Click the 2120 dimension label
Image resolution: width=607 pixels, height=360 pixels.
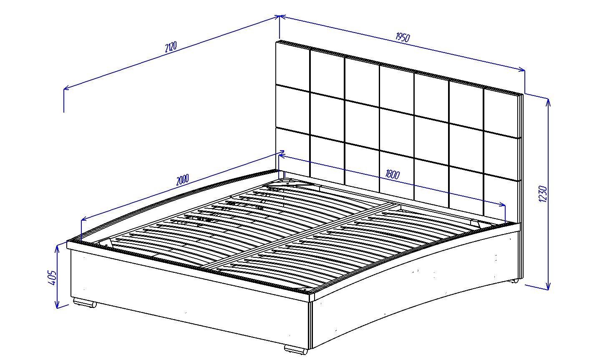tap(171, 47)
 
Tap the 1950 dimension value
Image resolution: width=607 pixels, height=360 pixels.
tap(403, 37)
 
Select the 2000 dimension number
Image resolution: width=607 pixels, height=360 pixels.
tap(183, 180)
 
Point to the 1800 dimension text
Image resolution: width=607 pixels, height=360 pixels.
tap(393, 174)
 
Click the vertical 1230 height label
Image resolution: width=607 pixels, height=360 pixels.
tap(543, 194)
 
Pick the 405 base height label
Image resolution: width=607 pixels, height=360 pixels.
tap(52, 277)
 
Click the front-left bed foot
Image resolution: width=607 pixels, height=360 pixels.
tap(85, 302)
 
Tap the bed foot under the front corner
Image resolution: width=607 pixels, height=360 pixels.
tap(296, 349)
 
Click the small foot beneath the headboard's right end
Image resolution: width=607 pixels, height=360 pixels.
tap(514, 281)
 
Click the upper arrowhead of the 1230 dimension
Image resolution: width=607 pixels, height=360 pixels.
tap(548, 102)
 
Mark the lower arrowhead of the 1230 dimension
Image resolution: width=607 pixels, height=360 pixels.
tap(548, 286)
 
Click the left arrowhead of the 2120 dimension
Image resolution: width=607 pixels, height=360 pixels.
tap(66, 88)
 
